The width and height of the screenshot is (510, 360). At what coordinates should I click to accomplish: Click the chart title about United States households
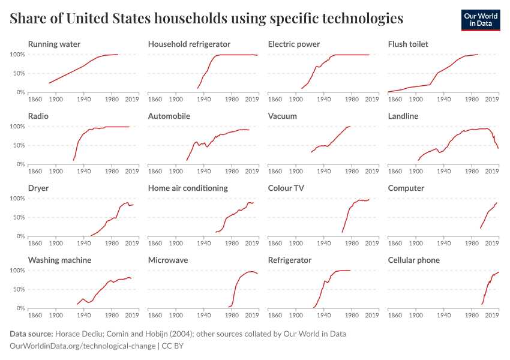tap(206, 19)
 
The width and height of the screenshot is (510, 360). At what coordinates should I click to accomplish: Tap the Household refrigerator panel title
tap(189, 44)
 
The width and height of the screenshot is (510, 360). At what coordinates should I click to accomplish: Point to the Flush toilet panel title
tap(408, 44)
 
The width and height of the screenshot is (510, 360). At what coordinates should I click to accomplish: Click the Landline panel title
tap(403, 116)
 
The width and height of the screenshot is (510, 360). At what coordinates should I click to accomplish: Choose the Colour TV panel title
tap(287, 188)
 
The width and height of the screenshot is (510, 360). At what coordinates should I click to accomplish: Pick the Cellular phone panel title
tap(414, 260)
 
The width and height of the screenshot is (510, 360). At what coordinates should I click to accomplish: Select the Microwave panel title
tap(168, 260)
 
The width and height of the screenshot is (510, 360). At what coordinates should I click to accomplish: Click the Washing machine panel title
tap(60, 260)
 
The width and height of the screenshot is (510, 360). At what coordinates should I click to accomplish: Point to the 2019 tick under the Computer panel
tap(492, 243)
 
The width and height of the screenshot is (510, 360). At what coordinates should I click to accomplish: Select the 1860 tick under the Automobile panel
tap(155, 171)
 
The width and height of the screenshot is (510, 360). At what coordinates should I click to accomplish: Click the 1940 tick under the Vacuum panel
tap(324, 171)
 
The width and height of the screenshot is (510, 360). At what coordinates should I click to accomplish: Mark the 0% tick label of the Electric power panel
tap(260, 92)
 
